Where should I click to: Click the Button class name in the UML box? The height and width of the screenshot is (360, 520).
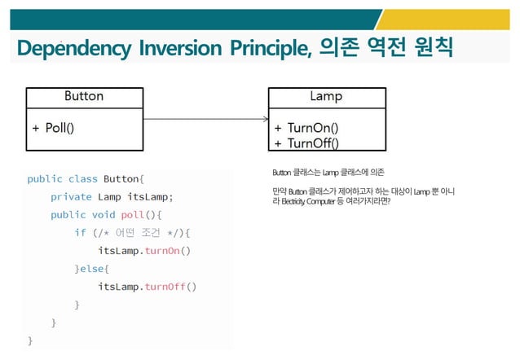click(x=84, y=96)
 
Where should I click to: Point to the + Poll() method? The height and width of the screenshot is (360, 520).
click(x=54, y=128)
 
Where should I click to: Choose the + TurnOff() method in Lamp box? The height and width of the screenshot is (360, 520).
click(x=307, y=143)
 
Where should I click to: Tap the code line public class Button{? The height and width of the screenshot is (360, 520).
click(x=86, y=178)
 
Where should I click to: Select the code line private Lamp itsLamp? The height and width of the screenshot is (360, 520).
click(x=112, y=196)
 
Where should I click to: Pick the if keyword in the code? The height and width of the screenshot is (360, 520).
click(x=80, y=232)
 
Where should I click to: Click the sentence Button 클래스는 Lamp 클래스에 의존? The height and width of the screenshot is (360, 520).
click(x=328, y=173)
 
